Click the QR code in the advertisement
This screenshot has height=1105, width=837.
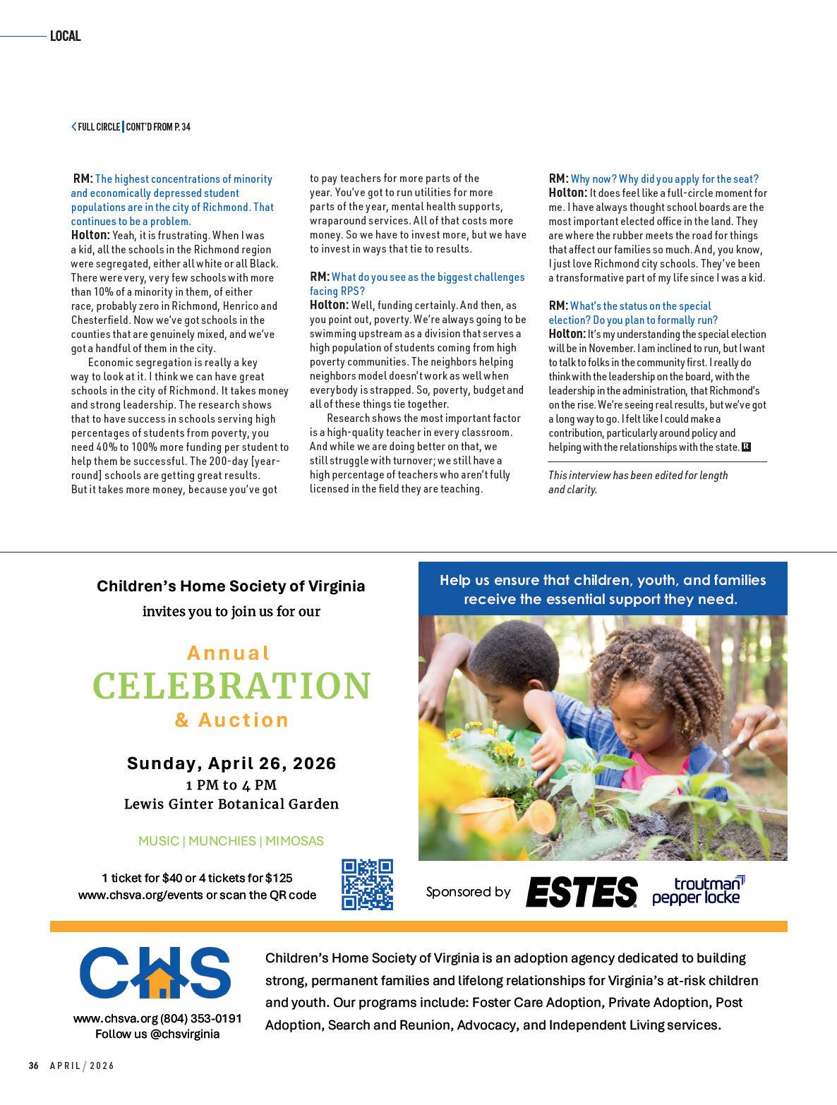click(x=367, y=884)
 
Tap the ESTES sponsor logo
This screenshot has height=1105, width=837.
click(x=582, y=892)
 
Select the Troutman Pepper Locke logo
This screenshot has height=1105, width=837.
click(x=698, y=890)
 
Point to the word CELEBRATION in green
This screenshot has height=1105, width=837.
click(x=231, y=685)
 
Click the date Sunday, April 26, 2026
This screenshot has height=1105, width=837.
click(x=231, y=763)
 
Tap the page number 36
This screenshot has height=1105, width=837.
click(x=33, y=1065)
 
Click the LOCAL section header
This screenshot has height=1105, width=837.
click(x=66, y=36)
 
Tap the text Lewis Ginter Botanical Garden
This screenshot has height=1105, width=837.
click(x=231, y=804)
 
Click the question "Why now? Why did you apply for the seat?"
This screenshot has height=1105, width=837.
click(x=664, y=179)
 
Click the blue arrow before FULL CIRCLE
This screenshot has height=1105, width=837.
click(x=73, y=127)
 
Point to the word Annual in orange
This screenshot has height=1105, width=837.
click(x=229, y=653)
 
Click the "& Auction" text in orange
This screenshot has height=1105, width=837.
click(x=231, y=720)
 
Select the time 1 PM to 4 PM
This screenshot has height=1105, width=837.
click(x=231, y=785)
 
